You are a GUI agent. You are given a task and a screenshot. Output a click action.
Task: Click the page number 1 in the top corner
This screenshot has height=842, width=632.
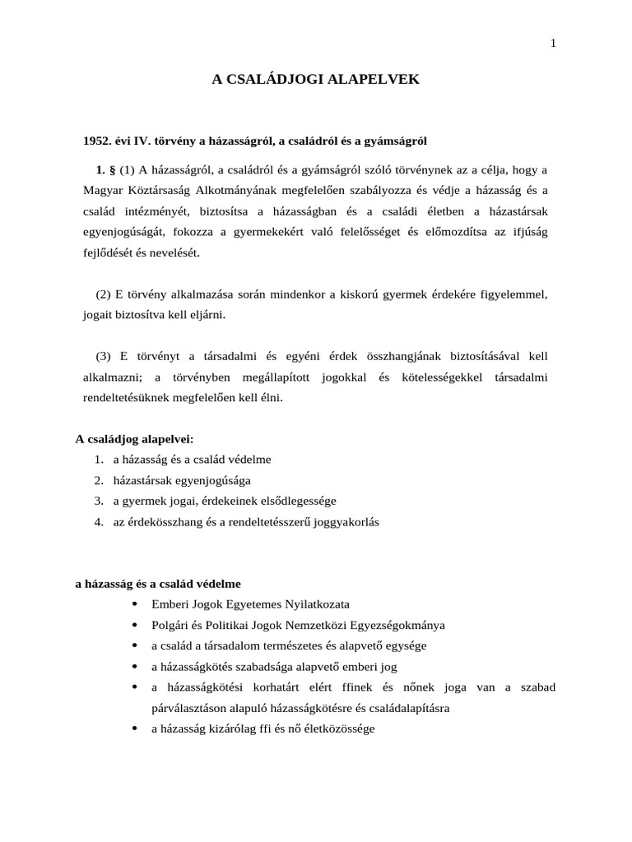553,44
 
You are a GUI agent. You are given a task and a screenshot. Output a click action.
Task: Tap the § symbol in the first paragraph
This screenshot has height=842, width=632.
112,170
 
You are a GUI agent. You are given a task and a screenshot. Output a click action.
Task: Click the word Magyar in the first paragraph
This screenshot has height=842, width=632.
101,191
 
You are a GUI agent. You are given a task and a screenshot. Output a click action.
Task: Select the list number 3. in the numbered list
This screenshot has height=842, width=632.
98,501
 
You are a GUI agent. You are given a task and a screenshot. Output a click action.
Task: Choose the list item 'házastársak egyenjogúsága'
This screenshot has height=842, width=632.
182,480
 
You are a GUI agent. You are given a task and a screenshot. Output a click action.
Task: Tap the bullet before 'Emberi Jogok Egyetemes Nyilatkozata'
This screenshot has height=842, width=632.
134,604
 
